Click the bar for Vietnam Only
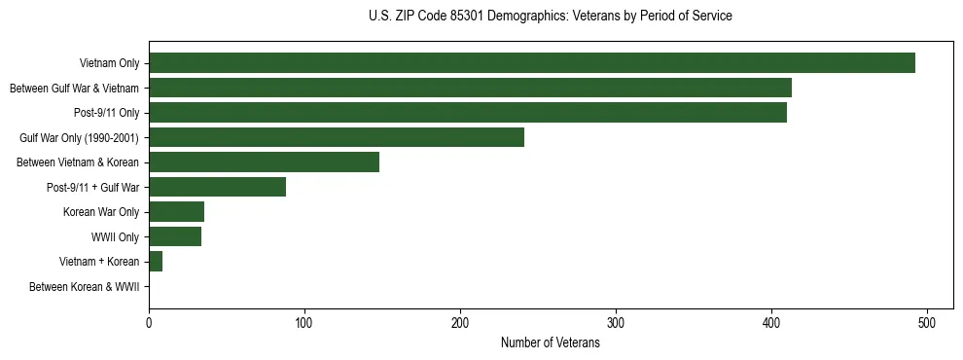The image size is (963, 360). [531, 63]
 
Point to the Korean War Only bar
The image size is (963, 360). [176, 212]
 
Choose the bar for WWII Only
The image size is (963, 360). [175, 236]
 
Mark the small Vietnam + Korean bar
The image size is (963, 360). [156, 262]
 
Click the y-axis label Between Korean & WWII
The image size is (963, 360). [85, 287]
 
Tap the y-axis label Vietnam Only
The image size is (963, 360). [109, 64]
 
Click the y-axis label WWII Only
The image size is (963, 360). [115, 237]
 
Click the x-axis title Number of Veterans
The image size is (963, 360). [550, 343]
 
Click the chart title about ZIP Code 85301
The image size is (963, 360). [550, 17]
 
